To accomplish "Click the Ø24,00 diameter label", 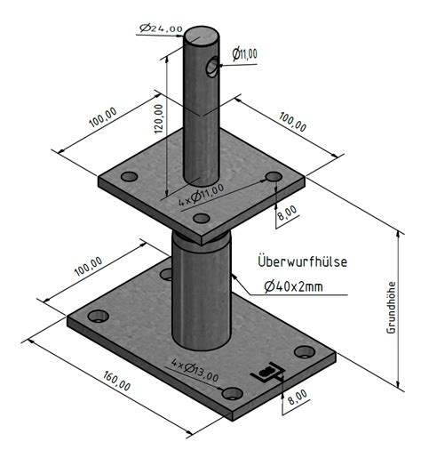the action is (x=162, y=28).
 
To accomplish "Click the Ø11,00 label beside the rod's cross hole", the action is (x=245, y=54).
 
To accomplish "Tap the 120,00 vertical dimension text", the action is (x=159, y=119).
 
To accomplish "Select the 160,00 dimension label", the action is (x=116, y=381).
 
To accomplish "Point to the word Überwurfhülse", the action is (x=302, y=261).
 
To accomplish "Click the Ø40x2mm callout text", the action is (x=294, y=286).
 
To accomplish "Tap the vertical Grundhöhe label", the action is (x=391, y=308).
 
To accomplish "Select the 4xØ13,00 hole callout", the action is (x=195, y=370).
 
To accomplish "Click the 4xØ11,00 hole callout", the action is (x=202, y=195).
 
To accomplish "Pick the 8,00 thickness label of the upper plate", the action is (x=287, y=213).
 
